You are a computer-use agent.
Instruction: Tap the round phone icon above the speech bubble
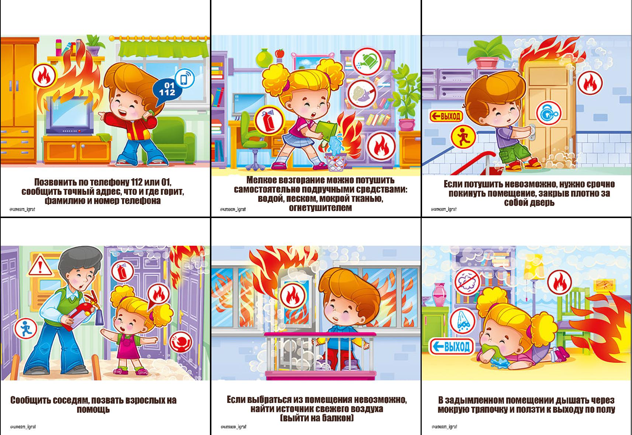184,77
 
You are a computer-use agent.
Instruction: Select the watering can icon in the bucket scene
367,61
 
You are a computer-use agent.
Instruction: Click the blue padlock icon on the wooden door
548,114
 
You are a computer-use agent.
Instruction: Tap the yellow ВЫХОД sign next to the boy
446,116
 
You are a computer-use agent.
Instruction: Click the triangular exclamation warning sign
40,266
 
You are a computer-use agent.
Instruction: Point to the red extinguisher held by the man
82,314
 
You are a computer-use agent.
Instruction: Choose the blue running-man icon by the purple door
26,329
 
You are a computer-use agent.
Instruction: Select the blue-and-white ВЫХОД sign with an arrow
452,346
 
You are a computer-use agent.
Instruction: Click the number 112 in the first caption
137,182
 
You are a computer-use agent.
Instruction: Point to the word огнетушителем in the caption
321,208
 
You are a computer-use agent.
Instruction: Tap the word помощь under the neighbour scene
93,409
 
